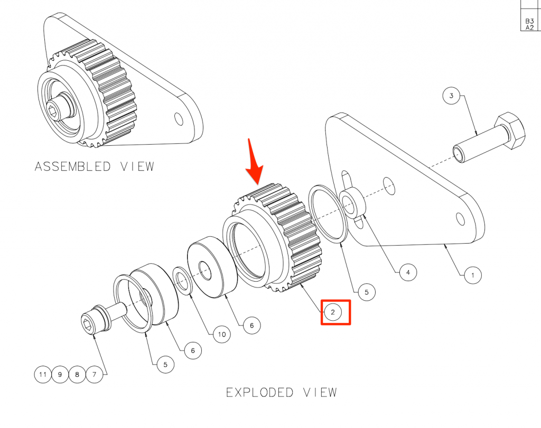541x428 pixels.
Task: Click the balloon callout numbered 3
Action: click(451, 95)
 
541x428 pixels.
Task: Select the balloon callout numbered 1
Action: click(473, 275)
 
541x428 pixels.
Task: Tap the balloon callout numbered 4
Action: click(408, 272)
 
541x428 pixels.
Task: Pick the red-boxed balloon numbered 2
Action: click(333, 312)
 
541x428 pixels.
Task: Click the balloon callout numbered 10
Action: click(222, 334)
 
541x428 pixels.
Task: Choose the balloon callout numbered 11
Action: click(43, 374)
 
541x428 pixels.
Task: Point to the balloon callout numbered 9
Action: click(60, 374)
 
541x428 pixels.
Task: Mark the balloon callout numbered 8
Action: click(77, 374)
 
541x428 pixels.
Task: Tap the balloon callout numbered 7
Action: click(94, 374)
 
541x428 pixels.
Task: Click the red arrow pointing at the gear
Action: click(255, 162)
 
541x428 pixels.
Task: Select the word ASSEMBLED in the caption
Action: click(72, 166)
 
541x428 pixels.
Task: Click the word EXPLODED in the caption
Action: click(259, 393)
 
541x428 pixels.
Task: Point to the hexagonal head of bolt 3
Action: click(510, 130)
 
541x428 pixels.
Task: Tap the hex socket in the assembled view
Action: click(53, 111)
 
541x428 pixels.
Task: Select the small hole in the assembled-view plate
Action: click(179, 119)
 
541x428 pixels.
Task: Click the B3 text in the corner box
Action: click(529, 21)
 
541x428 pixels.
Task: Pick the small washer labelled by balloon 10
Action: click(182, 281)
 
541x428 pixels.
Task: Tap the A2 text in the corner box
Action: click(529, 27)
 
